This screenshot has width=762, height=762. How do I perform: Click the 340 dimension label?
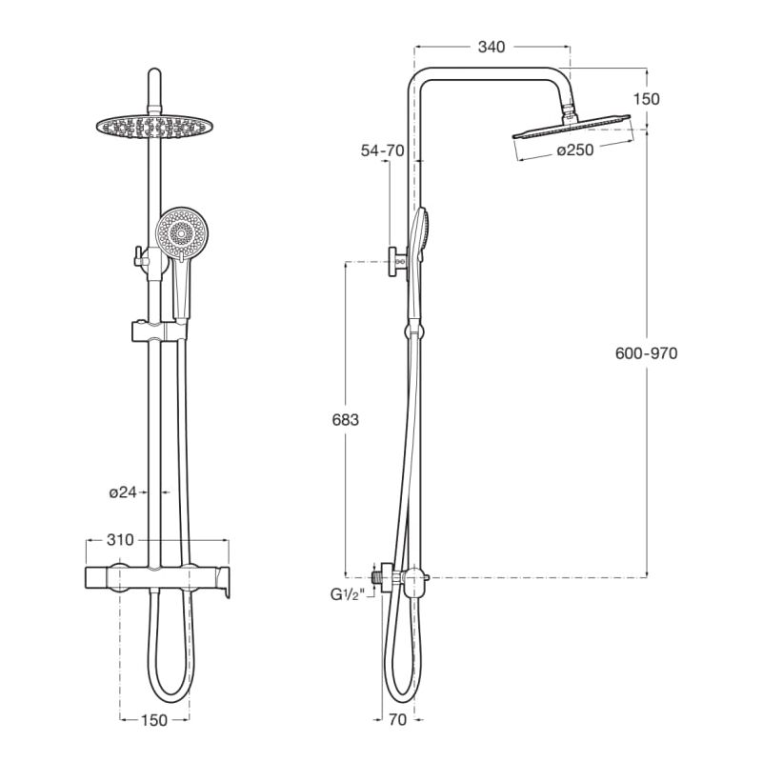tap(491, 47)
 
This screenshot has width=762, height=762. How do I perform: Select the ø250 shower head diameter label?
tap(576, 150)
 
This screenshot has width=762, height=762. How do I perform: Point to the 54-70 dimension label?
tap(383, 150)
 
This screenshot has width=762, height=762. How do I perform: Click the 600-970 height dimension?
tap(647, 352)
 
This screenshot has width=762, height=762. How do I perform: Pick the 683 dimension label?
tap(344, 420)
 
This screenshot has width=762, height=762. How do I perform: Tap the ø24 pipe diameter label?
tap(124, 492)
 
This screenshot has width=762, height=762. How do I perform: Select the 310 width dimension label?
tap(120, 540)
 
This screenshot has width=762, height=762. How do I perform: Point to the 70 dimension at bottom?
tap(397, 720)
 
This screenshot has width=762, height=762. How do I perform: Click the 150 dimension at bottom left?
tap(154, 720)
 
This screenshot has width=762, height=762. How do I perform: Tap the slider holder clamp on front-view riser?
tap(153, 331)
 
